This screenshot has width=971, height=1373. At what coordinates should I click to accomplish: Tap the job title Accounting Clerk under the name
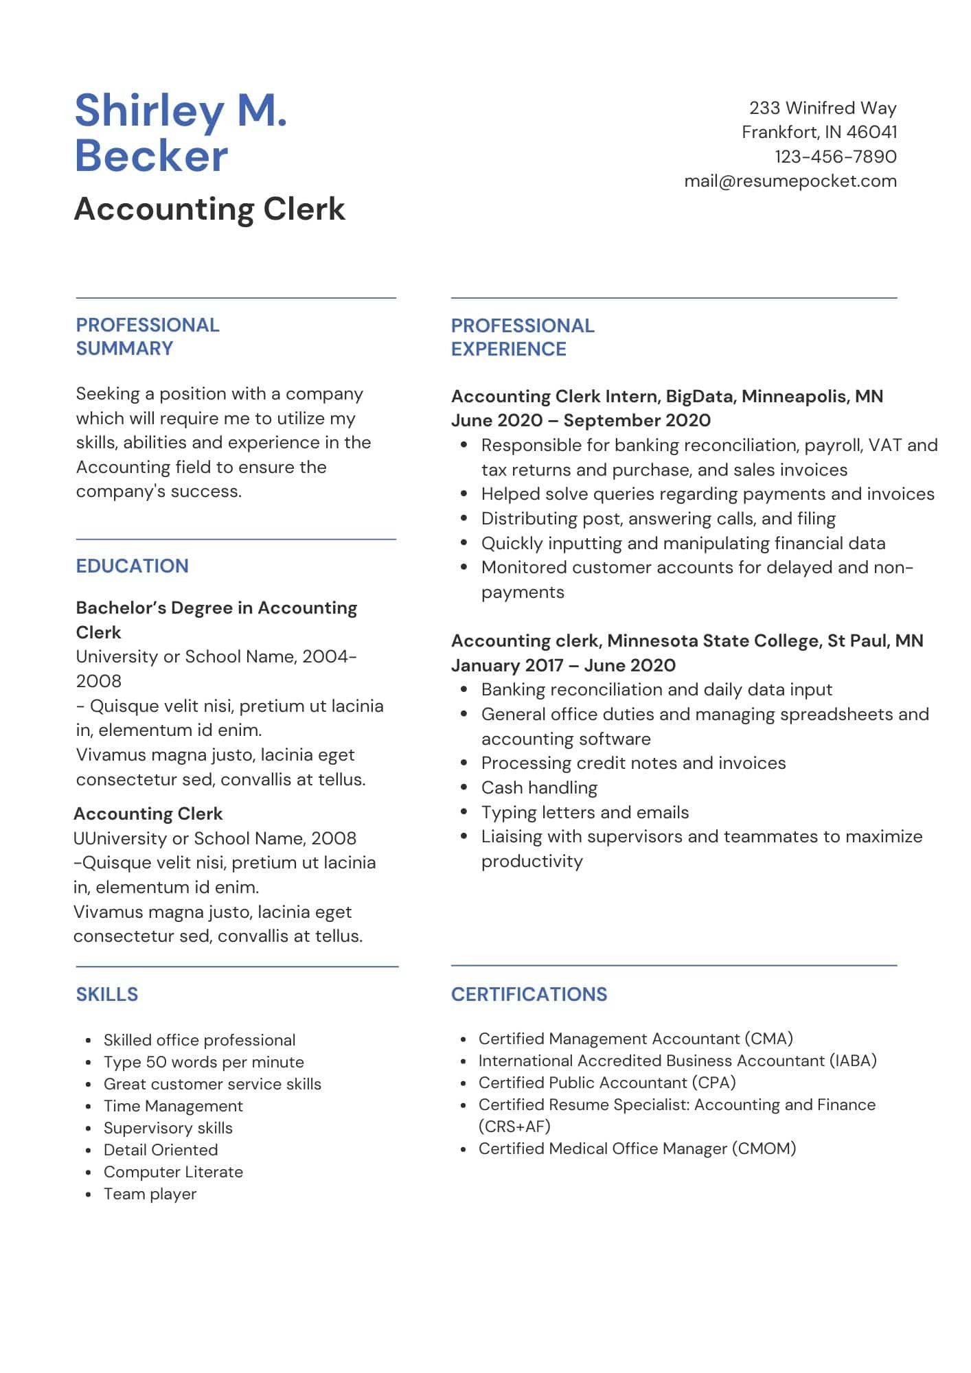209,209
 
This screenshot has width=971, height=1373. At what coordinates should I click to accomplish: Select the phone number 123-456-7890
835,157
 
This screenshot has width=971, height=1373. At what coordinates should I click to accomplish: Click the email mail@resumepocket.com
790,181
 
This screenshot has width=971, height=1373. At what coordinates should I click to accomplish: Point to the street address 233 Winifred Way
822,108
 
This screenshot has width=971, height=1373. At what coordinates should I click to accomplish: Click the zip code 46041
871,132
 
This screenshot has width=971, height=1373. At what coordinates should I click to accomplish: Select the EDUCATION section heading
132,566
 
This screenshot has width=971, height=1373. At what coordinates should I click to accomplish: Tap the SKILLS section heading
106,994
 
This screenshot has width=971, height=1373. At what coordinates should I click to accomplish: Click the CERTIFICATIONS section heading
529,994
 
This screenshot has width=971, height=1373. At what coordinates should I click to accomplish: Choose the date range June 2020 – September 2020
580,420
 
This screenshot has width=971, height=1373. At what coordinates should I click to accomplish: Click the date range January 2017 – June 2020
563,665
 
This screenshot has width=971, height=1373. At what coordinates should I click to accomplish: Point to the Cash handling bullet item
539,787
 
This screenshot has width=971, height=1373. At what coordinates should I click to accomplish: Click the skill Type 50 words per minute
203,1062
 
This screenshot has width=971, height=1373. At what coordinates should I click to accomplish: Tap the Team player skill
150,1194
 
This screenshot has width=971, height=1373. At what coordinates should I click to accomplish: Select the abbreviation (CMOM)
763,1149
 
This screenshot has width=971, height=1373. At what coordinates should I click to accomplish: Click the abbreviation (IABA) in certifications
853,1061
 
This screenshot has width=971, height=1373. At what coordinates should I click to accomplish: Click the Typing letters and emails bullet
584,812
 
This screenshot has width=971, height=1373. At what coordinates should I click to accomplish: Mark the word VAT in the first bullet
885,445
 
